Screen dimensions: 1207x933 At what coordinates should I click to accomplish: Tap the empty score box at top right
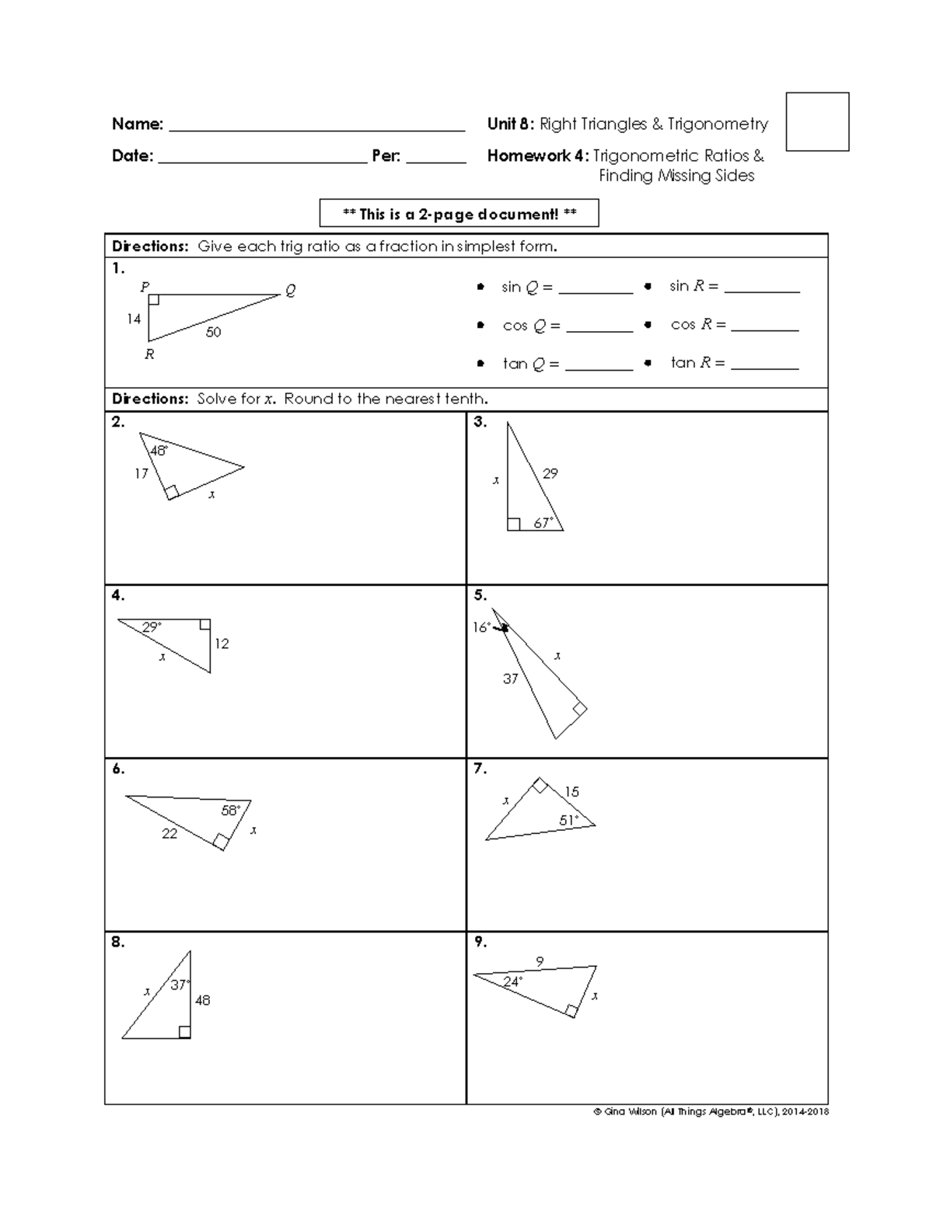click(817, 121)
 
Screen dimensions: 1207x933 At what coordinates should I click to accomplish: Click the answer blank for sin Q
click(596, 288)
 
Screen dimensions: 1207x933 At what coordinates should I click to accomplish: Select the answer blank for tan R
click(765, 364)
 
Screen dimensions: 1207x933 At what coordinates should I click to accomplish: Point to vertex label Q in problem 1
click(291, 291)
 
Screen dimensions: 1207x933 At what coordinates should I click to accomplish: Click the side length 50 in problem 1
click(213, 332)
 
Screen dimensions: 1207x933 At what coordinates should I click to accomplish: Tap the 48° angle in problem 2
click(159, 451)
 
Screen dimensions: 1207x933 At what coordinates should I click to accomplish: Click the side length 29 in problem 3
click(550, 473)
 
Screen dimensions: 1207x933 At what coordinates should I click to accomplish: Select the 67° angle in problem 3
click(543, 523)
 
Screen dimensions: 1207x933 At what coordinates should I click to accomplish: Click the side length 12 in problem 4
click(222, 644)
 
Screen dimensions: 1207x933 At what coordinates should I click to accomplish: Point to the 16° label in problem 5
click(481, 627)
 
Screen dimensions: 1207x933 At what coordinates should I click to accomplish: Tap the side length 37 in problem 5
click(510, 679)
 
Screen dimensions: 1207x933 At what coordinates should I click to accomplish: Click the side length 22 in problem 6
click(169, 834)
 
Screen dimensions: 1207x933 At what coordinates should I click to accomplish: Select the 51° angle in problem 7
click(568, 821)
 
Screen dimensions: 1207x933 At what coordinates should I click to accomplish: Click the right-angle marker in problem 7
click(539, 786)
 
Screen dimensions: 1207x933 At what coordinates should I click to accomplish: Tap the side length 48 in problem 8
click(202, 1000)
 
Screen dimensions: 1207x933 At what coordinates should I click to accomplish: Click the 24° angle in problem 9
click(512, 982)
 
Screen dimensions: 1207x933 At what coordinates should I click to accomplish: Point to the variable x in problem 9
click(595, 996)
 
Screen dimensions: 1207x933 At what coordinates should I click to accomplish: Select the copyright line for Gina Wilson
click(711, 1112)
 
